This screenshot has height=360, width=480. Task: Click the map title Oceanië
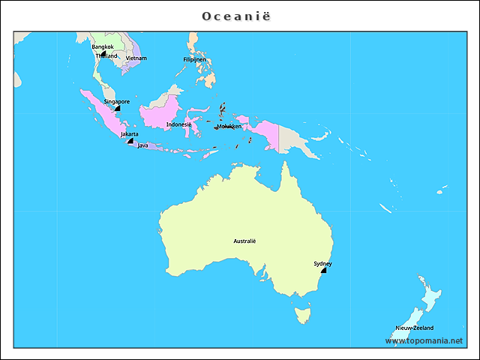click(x=239, y=16)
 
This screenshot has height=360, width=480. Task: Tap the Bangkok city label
click(x=103, y=46)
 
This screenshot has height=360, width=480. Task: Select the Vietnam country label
click(x=136, y=58)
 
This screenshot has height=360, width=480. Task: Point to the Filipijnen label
click(x=195, y=59)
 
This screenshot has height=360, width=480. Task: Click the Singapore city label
click(x=116, y=101)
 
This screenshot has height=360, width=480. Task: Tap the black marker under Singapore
click(x=118, y=109)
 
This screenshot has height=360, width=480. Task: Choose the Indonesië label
click(x=178, y=124)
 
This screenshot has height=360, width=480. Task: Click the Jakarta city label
click(x=129, y=134)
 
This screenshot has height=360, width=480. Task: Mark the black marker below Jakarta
click(x=130, y=141)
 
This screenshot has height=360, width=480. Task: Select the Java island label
click(x=142, y=145)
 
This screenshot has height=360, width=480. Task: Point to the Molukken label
click(x=229, y=127)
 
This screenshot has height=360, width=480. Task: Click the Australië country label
click(x=244, y=241)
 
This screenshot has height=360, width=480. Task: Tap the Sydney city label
click(x=322, y=264)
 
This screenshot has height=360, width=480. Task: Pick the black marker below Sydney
click(x=323, y=271)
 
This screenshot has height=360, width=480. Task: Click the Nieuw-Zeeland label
click(x=414, y=328)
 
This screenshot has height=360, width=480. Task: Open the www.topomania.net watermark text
click(x=424, y=341)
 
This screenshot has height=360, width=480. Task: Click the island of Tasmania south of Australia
click(x=302, y=313)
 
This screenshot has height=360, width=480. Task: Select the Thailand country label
click(x=106, y=56)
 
